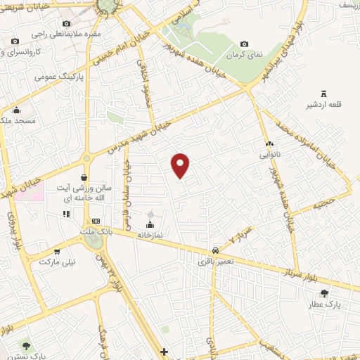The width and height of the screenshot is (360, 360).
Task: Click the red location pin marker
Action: [181, 164]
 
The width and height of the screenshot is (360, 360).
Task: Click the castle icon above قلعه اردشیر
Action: [324, 94]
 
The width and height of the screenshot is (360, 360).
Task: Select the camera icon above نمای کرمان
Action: [244, 44]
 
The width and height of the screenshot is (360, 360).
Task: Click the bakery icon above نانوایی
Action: [270, 143]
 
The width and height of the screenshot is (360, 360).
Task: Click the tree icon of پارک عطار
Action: [323, 294]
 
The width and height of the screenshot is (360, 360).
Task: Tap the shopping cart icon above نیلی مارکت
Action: [57, 251]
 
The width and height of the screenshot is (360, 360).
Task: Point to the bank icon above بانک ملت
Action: [96, 221]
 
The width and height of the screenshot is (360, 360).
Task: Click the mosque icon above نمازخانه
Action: [149, 224]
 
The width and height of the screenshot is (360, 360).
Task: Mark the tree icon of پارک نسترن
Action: [26, 345]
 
